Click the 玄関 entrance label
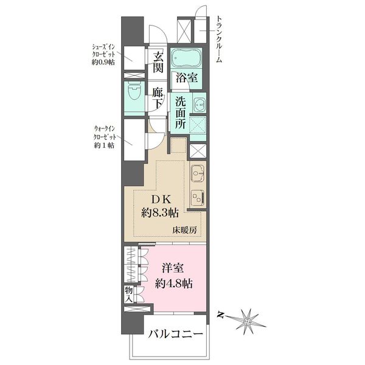click(158, 64)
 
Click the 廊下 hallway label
click(158, 99)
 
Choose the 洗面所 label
click(181, 113)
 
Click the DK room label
click(161, 199)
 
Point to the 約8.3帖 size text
click(161, 213)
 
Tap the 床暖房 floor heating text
click(184, 231)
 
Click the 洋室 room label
click(172, 268)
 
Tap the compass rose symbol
click(247, 318)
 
